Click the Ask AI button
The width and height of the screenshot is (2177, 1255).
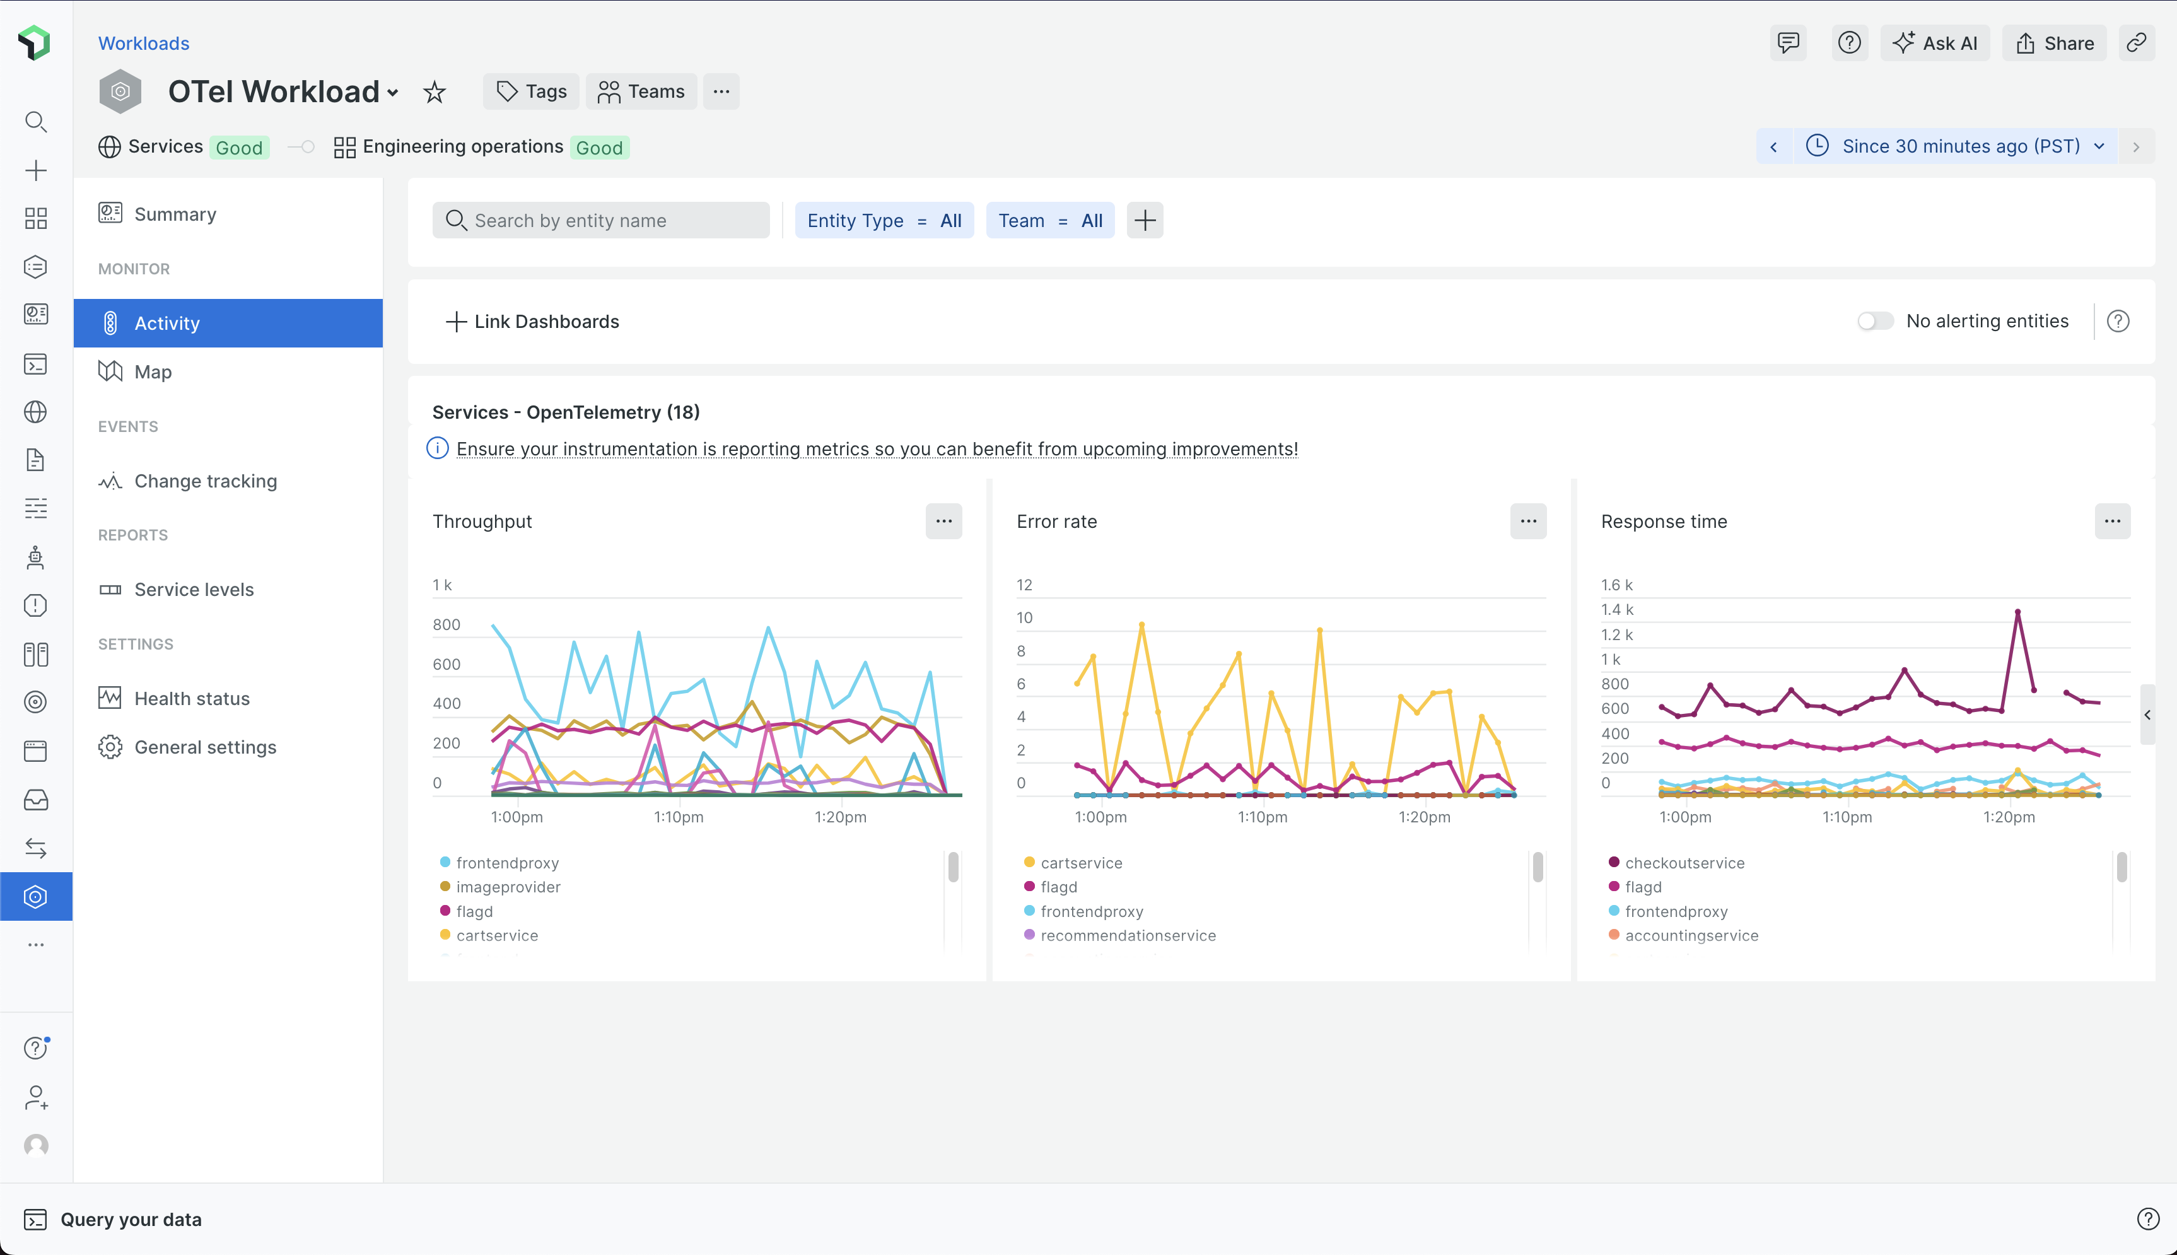(x=1935, y=43)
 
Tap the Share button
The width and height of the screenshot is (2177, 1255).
(x=2055, y=43)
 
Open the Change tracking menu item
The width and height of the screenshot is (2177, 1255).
(x=205, y=481)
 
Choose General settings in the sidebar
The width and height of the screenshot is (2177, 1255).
(x=205, y=747)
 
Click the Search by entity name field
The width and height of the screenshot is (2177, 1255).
(x=601, y=221)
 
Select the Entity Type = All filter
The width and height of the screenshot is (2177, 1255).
(x=884, y=221)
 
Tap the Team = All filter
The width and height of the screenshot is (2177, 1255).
(x=1050, y=221)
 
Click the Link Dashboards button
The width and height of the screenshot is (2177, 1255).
(x=533, y=322)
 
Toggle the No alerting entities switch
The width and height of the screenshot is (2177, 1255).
(x=1876, y=322)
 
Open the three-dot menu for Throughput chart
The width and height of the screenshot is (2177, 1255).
(x=943, y=522)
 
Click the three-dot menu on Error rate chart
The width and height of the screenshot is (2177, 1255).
(x=1528, y=522)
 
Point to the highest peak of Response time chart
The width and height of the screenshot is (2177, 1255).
(x=2017, y=612)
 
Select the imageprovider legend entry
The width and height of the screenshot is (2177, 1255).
(x=508, y=887)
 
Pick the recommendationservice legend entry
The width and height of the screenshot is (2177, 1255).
(x=1127, y=935)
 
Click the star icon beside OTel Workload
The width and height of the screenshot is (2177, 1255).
(x=435, y=92)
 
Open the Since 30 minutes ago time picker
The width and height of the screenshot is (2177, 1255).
(x=1960, y=146)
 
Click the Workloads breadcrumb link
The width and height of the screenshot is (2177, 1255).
(x=144, y=43)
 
